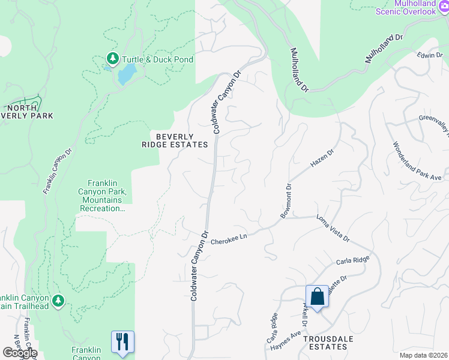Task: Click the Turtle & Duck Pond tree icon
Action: point(112,58)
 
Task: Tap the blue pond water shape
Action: point(127,75)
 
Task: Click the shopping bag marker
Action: point(317,296)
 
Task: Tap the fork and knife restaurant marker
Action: point(122,342)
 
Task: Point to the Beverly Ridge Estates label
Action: point(182,140)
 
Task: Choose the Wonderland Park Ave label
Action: point(417,161)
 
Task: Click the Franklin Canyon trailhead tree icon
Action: point(58,300)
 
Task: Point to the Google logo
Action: point(19,353)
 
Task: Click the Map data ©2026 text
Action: point(423,355)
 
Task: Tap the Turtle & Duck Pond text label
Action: point(157,59)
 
